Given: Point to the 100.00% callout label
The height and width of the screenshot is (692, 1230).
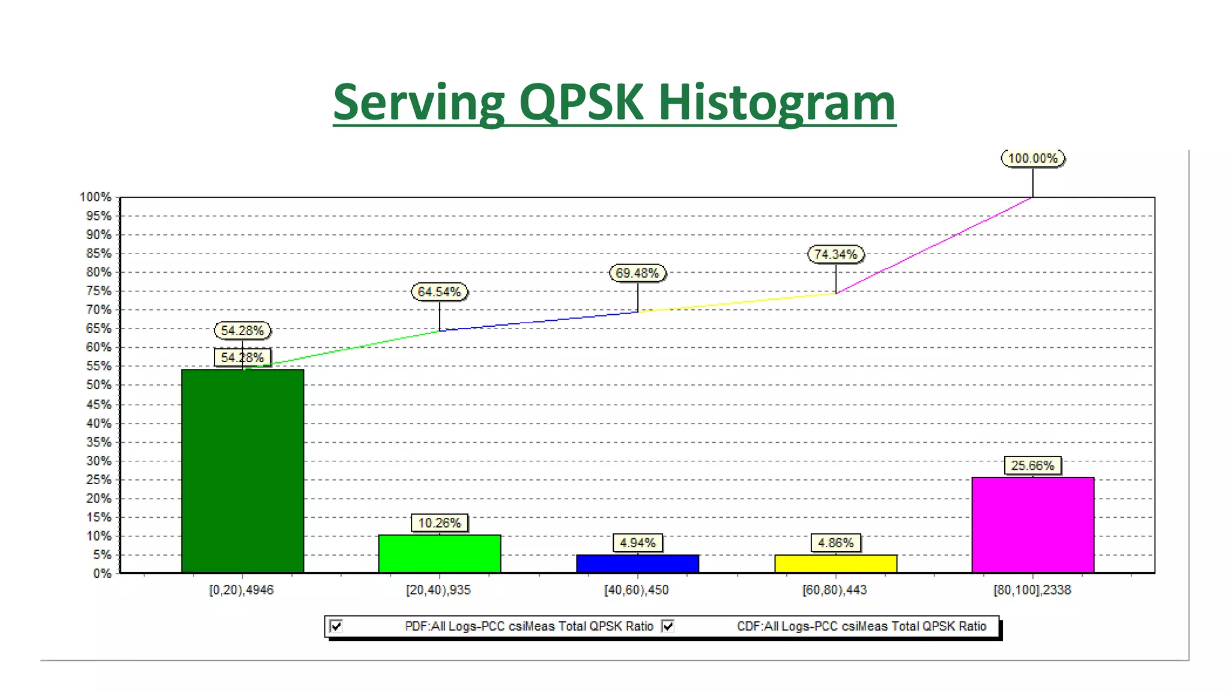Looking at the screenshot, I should click(x=1032, y=159).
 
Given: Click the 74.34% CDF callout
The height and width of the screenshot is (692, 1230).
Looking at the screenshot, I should click(x=835, y=255).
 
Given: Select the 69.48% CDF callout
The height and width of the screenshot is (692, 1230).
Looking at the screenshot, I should click(x=637, y=273).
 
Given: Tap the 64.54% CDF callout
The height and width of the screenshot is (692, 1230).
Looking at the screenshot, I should click(x=440, y=292).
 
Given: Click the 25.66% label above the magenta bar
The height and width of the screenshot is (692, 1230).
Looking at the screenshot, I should click(x=1032, y=466).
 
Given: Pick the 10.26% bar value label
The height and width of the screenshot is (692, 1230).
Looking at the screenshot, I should click(x=440, y=523).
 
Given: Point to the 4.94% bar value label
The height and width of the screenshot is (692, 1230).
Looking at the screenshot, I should click(x=637, y=543).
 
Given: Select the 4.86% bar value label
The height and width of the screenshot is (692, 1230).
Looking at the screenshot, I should click(x=835, y=543).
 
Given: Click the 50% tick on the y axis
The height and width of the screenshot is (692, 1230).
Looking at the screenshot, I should click(x=99, y=385).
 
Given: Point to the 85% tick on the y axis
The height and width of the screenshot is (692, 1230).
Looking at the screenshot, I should click(x=99, y=253).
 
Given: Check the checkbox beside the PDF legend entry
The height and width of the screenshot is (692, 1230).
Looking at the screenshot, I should click(x=336, y=626).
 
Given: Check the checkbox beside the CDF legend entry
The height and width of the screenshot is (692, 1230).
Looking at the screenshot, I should click(x=668, y=626).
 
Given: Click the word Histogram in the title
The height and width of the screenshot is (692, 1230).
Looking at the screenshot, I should click(x=777, y=103).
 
